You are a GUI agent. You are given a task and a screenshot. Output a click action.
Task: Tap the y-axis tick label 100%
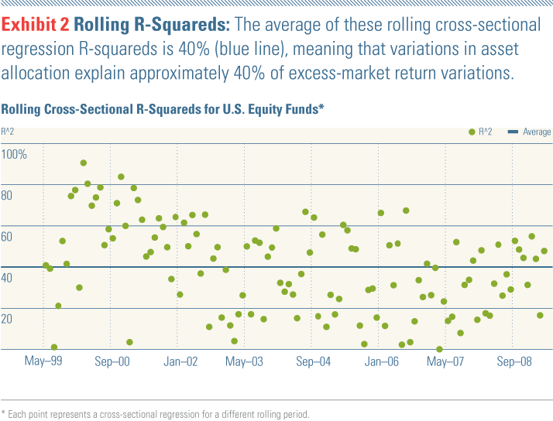[x=15, y=155]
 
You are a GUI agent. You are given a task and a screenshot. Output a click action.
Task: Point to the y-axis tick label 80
[x=8, y=196]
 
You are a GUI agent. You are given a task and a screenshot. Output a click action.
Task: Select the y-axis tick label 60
[x=8, y=237]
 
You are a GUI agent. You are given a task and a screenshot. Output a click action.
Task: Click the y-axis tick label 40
[x=8, y=278]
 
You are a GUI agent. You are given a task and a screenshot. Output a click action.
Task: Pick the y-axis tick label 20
[x=8, y=319]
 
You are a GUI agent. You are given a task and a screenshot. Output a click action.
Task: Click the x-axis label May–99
[x=43, y=361]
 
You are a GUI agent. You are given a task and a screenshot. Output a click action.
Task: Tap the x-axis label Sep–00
[x=112, y=361]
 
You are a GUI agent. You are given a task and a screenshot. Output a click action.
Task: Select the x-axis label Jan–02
[x=180, y=361]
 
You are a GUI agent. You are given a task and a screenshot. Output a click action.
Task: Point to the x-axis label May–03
[x=245, y=361]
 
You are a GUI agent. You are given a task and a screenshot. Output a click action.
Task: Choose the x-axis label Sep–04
[x=314, y=361]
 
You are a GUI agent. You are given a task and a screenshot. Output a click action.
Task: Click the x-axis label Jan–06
[x=381, y=361]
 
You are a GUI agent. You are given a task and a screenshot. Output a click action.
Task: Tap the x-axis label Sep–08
[x=514, y=361]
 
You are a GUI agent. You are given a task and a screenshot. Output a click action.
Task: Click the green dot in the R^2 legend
[x=472, y=132]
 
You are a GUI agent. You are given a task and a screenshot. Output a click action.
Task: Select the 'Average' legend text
[x=537, y=132]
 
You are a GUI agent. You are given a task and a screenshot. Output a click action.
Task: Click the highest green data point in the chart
[x=84, y=163]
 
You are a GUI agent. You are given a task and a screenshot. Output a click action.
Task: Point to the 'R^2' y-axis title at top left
[x=9, y=132]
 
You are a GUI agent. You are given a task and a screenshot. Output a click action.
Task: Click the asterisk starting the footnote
[x=3, y=414]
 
